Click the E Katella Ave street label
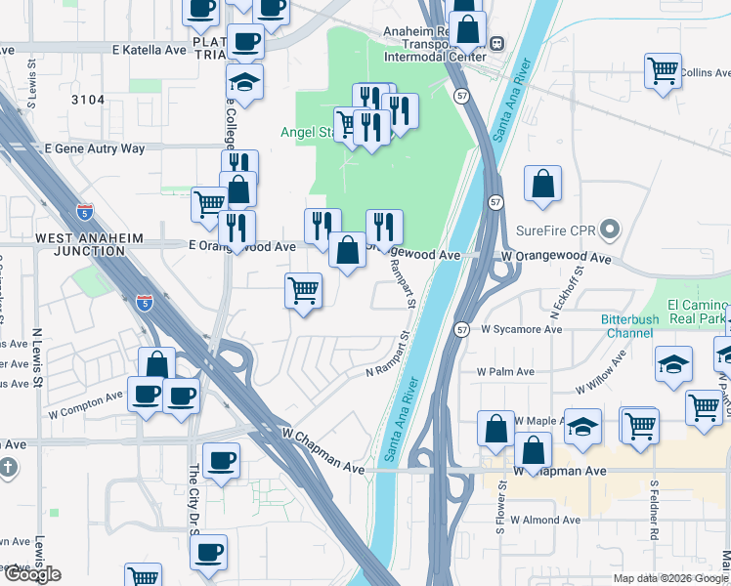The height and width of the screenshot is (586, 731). point(149,49)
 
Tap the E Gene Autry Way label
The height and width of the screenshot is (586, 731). point(94,148)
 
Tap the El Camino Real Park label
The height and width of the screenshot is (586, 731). point(698,312)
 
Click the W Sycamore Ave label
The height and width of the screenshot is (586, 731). point(522,330)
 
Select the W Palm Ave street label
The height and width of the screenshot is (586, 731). point(505,372)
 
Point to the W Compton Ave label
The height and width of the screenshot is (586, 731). point(86,404)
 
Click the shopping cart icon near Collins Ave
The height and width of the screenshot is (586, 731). point(663,70)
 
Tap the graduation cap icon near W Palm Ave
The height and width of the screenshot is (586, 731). point(673,363)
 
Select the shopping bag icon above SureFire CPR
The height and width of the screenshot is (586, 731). point(542,184)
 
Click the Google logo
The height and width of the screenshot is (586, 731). point(31,574)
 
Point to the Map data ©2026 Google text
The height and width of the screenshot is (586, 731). point(670,578)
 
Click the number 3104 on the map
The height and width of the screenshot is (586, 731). point(88,100)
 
